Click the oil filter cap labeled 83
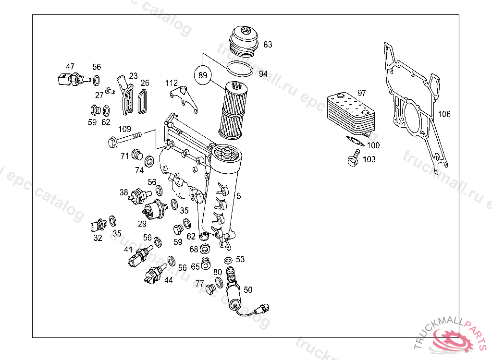click(245, 39)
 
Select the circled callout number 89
click(203, 75)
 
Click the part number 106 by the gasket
click(444, 114)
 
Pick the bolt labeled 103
click(354, 158)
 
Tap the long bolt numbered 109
click(124, 141)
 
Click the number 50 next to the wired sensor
click(248, 289)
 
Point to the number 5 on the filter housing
click(239, 196)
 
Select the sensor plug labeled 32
click(98, 225)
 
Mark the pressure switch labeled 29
click(154, 209)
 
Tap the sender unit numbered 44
click(155, 275)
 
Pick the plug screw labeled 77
click(209, 289)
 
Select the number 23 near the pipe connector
click(133, 76)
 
